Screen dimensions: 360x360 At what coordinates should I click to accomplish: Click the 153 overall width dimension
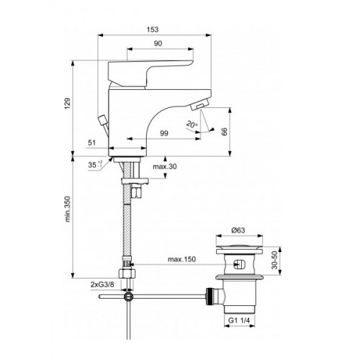(153, 30)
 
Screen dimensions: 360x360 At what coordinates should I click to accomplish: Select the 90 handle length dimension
(158, 43)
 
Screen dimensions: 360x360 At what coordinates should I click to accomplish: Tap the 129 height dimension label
(68, 104)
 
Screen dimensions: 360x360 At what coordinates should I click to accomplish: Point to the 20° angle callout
(192, 125)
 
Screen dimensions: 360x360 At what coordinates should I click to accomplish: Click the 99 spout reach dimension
(164, 133)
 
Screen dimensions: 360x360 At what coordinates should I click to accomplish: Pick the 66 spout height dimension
(224, 132)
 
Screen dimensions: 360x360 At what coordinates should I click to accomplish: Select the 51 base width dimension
(92, 143)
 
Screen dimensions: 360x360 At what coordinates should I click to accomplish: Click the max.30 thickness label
(165, 166)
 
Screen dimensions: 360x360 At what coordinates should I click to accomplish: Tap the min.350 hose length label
(68, 209)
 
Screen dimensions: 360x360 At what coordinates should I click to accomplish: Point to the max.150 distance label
(181, 259)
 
